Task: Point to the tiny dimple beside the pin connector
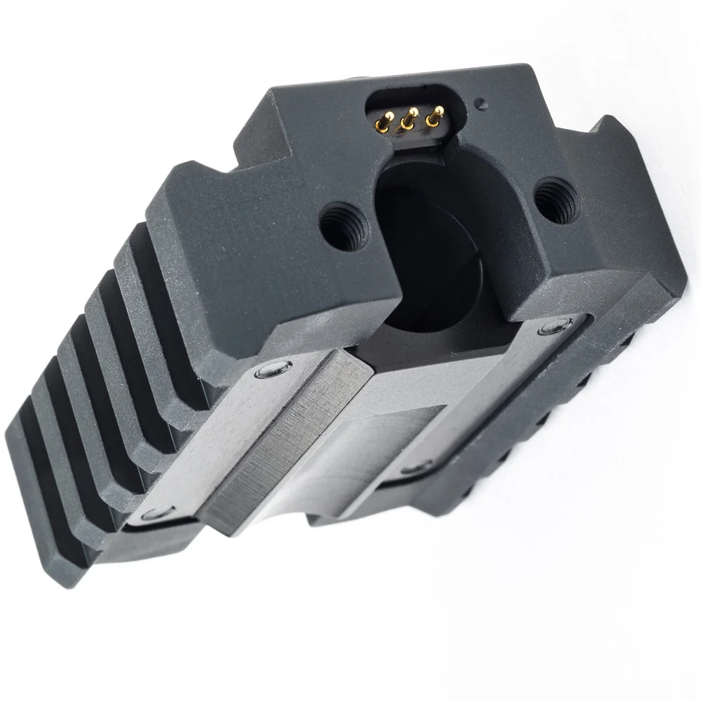click(480, 104)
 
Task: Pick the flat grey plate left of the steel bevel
click(231, 435)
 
